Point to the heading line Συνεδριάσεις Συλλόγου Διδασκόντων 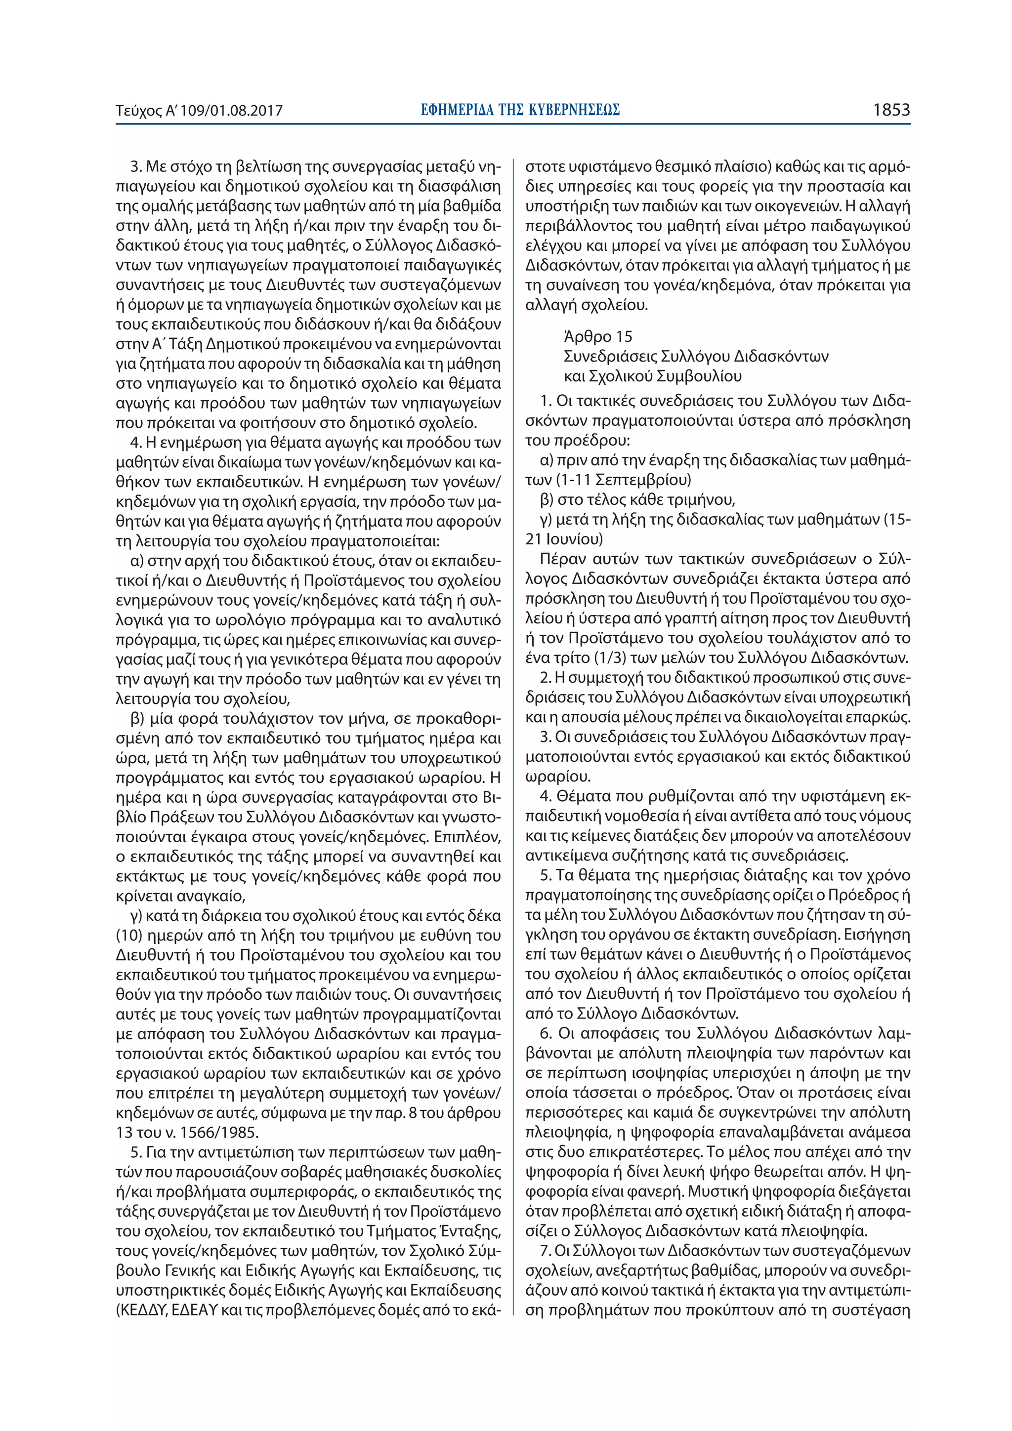(696, 357)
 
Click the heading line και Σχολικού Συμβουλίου (652, 376)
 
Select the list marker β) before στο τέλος (546, 500)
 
